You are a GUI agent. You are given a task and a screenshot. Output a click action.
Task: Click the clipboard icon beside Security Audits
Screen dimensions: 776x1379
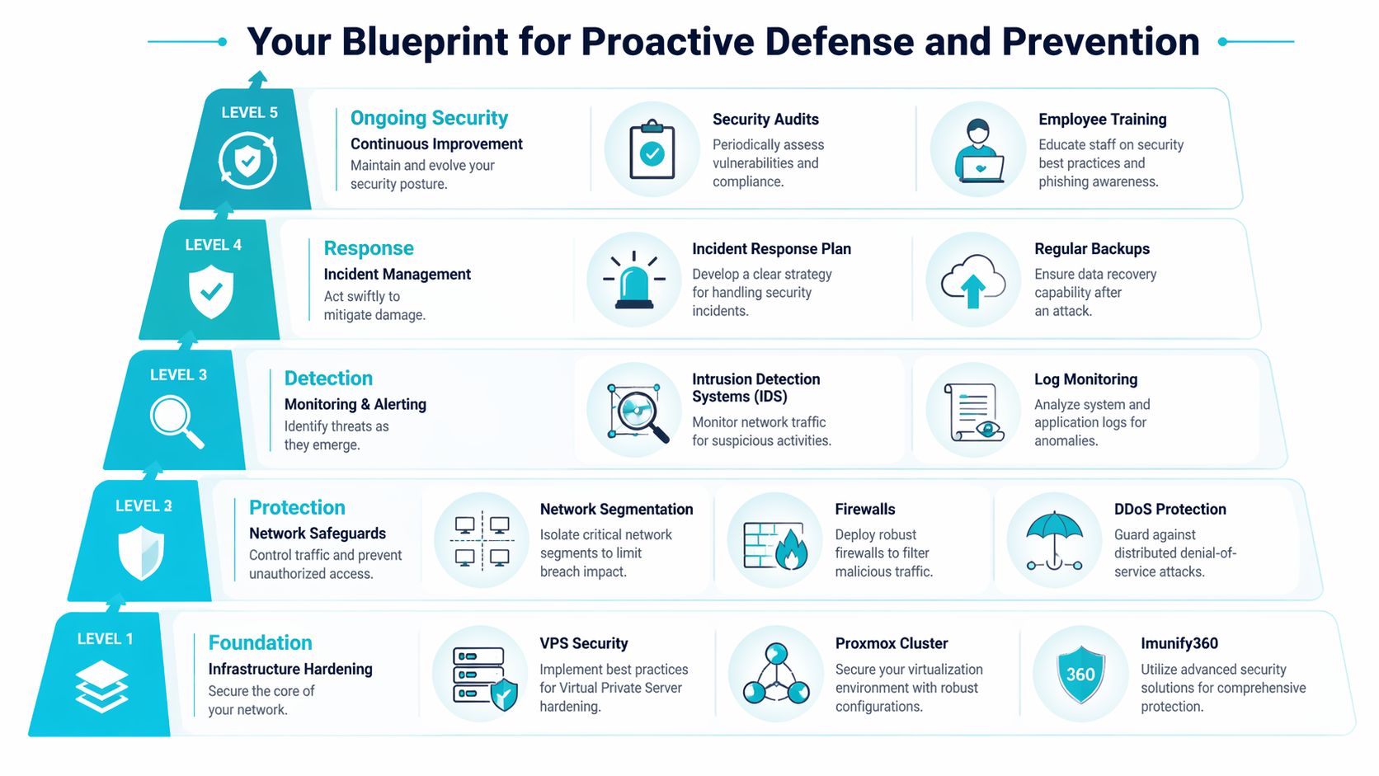[x=652, y=150]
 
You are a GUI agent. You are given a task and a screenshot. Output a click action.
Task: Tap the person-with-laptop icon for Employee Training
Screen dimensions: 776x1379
[x=978, y=150]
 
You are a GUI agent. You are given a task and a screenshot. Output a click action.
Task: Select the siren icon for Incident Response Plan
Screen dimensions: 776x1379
[x=634, y=280]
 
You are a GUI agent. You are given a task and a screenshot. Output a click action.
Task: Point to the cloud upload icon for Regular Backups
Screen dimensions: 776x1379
[x=973, y=280]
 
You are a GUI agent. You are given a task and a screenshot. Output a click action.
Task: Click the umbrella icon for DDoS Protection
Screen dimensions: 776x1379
[x=1054, y=541]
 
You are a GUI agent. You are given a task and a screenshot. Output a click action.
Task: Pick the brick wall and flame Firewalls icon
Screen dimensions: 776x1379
[x=774, y=542]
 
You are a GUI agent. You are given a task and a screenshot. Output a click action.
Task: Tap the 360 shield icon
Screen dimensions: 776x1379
[x=1080, y=674]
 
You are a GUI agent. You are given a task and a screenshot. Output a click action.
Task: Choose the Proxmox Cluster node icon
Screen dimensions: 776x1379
[x=775, y=673]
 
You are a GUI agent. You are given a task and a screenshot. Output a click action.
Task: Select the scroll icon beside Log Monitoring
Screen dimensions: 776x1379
[x=973, y=411]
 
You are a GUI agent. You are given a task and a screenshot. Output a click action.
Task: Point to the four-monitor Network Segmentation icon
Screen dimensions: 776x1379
[x=482, y=541]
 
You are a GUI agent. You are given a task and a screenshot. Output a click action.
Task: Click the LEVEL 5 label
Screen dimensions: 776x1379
[x=249, y=113]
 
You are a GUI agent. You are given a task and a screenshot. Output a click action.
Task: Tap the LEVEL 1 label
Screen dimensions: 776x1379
[x=105, y=639]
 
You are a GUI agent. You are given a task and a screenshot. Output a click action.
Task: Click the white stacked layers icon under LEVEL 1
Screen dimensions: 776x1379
[x=101, y=687]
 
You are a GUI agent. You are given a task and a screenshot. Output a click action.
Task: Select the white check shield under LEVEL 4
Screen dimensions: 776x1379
[x=211, y=291]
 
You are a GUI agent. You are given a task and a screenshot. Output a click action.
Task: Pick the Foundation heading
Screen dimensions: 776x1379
[x=260, y=642]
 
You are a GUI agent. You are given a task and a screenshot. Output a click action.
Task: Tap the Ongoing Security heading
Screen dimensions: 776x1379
[x=429, y=118]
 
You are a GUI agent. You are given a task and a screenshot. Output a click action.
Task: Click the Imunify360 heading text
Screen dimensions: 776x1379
[x=1179, y=643]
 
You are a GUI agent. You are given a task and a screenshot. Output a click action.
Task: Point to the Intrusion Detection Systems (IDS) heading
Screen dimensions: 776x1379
[x=755, y=388]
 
